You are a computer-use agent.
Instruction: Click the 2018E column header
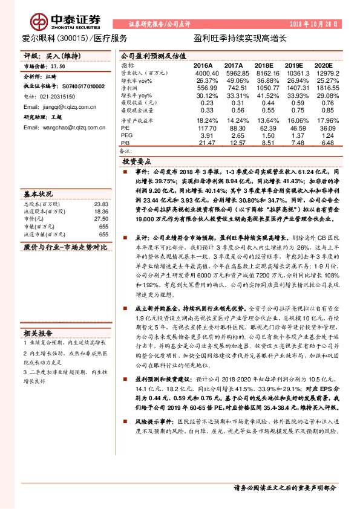pyautogui.click(x=264, y=64)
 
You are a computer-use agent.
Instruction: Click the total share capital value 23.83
pyautogui.click(x=100, y=204)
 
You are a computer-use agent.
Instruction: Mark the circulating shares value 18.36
pyautogui.click(x=100, y=212)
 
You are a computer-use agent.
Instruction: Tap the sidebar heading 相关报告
pyautogui.click(x=38, y=332)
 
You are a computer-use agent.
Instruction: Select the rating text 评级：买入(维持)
pyautogui.click(x=49, y=54)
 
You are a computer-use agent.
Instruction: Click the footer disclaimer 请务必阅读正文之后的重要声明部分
pyautogui.click(x=284, y=487)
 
